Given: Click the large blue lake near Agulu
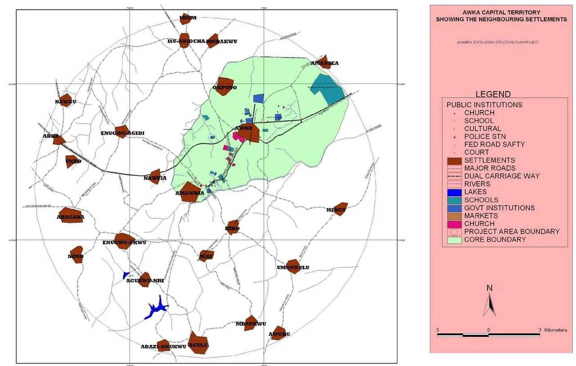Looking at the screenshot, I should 156,309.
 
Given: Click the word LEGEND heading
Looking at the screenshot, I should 493,94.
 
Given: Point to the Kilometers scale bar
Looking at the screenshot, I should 488,335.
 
